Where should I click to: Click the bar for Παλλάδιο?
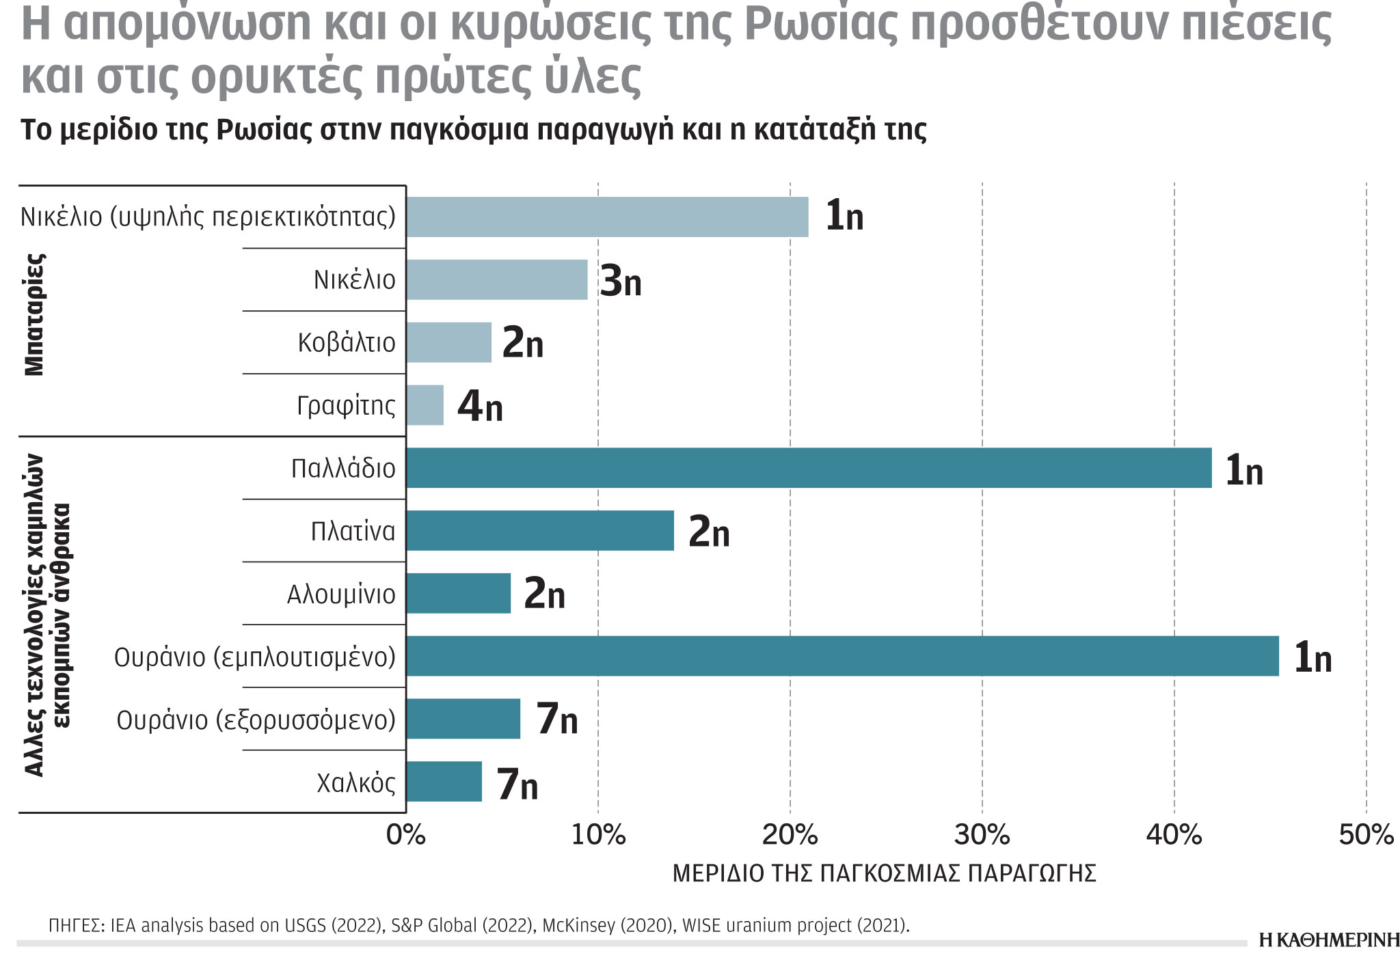click(x=808, y=468)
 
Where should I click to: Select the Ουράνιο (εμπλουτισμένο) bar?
click(x=842, y=656)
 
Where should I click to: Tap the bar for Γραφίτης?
click(x=425, y=405)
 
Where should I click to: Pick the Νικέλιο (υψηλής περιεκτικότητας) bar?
click(x=607, y=217)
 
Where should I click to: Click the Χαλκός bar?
click(x=444, y=782)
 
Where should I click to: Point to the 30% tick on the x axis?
click(x=982, y=835)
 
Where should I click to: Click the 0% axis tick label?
click(x=406, y=835)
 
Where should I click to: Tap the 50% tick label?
click(x=1365, y=835)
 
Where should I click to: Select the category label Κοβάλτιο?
click(x=347, y=343)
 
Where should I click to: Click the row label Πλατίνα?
click(x=353, y=532)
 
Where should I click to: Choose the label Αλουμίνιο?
click(x=341, y=594)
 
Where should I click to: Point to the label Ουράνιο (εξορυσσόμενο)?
click(x=256, y=720)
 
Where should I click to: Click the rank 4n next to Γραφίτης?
click(x=480, y=406)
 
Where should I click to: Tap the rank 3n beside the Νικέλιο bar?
click(x=621, y=281)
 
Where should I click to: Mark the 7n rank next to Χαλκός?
click(x=517, y=784)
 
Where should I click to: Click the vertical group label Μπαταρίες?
click(x=34, y=314)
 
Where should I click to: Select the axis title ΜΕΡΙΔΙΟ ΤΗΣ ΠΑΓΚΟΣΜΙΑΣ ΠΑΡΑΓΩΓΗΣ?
click(x=884, y=874)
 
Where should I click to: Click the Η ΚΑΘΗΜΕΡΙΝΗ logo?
click(x=1328, y=941)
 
